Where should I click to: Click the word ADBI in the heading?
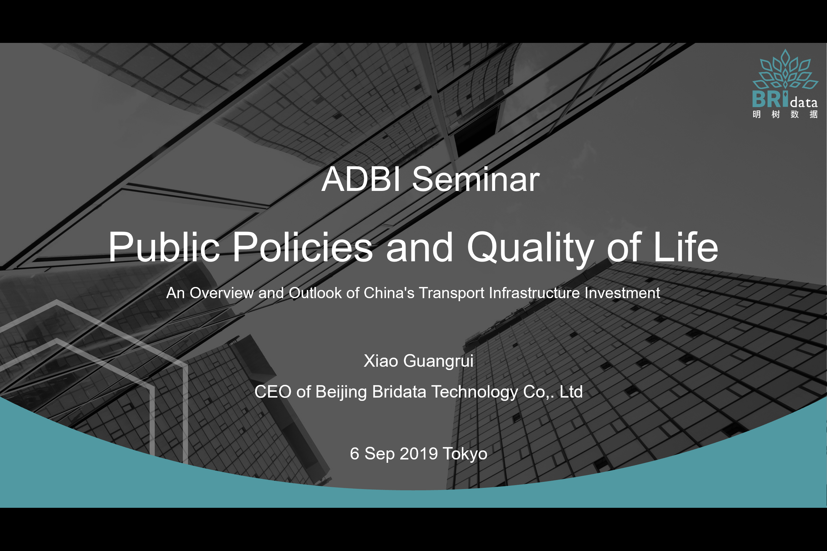point(361,179)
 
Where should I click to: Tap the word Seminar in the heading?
point(476,179)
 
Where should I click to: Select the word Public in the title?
point(164,247)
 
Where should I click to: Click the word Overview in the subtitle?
point(222,293)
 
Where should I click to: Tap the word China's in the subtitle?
point(389,293)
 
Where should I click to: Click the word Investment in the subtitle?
point(622,293)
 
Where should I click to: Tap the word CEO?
point(273,392)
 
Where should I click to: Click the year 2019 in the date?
point(418,454)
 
